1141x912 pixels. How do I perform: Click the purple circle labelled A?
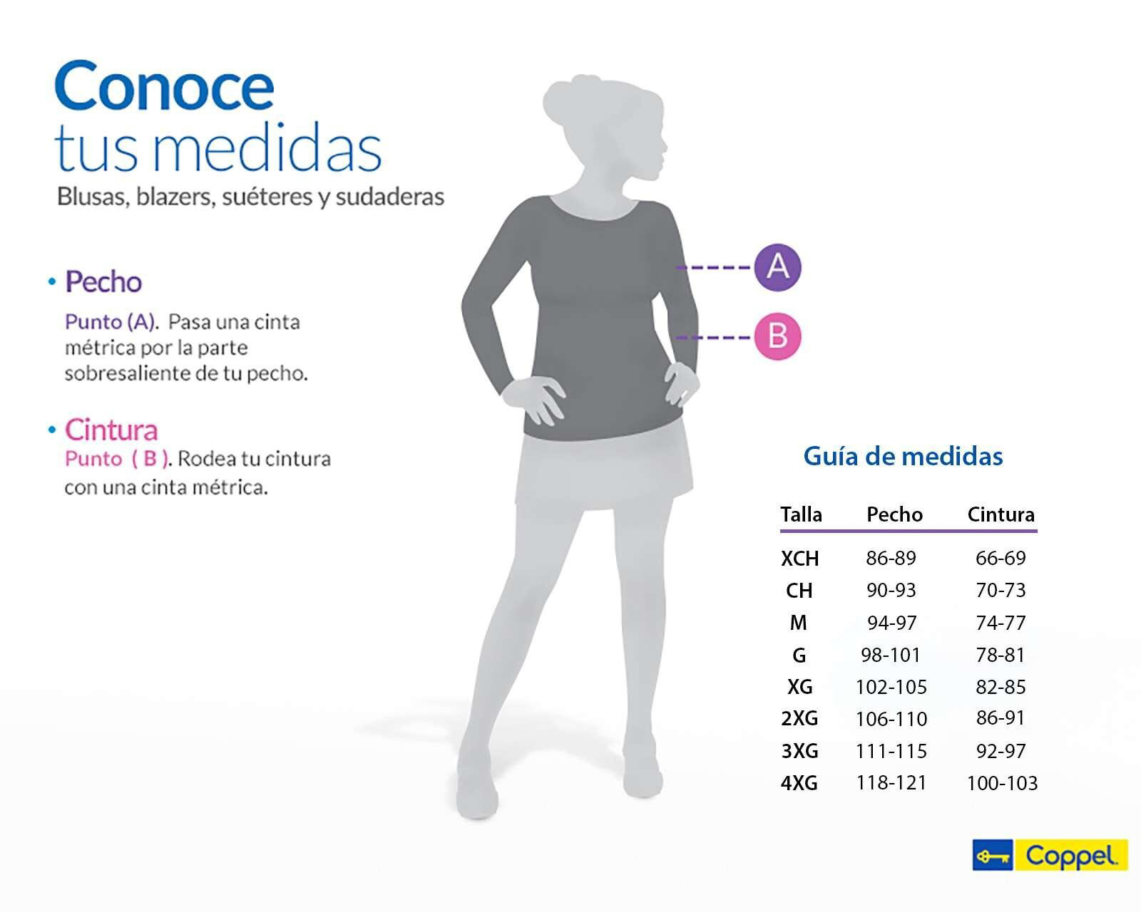point(777,267)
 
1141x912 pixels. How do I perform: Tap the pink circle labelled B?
point(777,336)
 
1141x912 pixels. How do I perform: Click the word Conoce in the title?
point(164,87)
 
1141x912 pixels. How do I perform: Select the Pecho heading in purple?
point(103,282)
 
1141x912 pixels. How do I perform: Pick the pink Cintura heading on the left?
point(111,430)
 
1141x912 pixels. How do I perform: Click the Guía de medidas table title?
point(903,456)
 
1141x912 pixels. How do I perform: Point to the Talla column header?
point(801,514)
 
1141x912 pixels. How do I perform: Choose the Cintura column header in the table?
point(1001,514)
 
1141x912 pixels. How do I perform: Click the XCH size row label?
point(799,559)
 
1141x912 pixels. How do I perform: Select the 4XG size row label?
point(799,783)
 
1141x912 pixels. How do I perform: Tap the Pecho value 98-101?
point(891,655)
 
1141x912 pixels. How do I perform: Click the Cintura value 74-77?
point(1001,623)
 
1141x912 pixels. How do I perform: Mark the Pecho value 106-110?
point(891,719)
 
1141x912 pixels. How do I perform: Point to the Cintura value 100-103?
point(1002,784)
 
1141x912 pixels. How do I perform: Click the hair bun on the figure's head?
point(568,96)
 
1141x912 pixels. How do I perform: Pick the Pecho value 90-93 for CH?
point(891,591)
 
